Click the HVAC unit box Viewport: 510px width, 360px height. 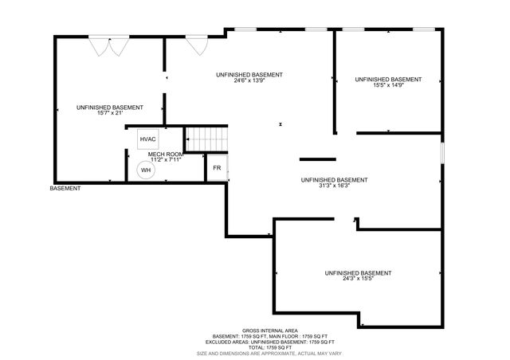(x=148, y=139)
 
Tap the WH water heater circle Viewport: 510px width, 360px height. (x=146, y=170)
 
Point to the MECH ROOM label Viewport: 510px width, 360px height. (x=165, y=154)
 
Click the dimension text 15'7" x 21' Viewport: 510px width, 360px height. (x=110, y=112)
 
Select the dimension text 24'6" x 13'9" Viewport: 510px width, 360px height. (x=249, y=80)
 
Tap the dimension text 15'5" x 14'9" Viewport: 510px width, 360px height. (x=388, y=86)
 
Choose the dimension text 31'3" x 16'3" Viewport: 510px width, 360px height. (x=334, y=186)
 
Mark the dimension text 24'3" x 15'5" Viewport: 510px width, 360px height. (x=358, y=279)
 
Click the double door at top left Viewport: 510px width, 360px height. (x=108, y=45)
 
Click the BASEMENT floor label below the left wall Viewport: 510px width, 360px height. (x=65, y=189)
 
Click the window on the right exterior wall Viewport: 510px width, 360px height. (x=442, y=152)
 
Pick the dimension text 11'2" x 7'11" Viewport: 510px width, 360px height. (x=165, y=159)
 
